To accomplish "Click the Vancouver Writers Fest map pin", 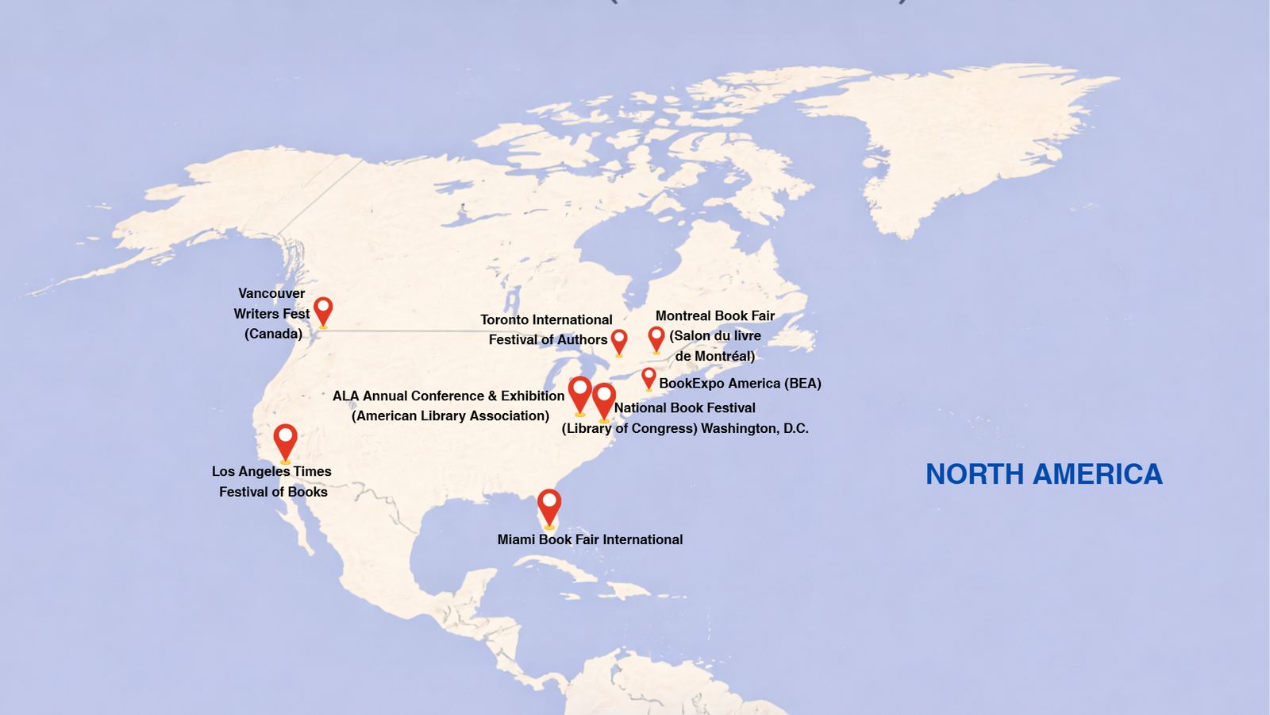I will click(x=323, y=310).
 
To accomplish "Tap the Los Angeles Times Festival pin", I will click(x=286, y=440).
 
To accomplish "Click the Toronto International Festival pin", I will click(x=619, y=341).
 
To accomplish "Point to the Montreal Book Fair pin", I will click(x=656, y=338).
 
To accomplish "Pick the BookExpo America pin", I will click(x=649, y=377).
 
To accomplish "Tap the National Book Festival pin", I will click(x=604, y=400).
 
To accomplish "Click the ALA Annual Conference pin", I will click(x=580, y=393).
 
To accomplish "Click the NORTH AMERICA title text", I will click(x=1044, y=474).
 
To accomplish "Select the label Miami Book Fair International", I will click(x=590, y=539).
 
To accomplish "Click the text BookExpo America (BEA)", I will click(x=740, y=383).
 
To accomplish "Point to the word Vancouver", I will click(x=271, y=293).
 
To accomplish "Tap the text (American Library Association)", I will click(x=450, y=415).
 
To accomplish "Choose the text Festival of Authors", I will click(x=548, y=339).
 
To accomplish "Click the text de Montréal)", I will click(x=714, y=356).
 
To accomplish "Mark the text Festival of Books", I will click(x=273, y=492).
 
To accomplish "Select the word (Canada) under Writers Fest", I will click(x=273, y=334).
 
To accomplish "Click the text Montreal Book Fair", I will click(x=714, y=315).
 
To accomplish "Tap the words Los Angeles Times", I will click(x=271, y=471).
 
